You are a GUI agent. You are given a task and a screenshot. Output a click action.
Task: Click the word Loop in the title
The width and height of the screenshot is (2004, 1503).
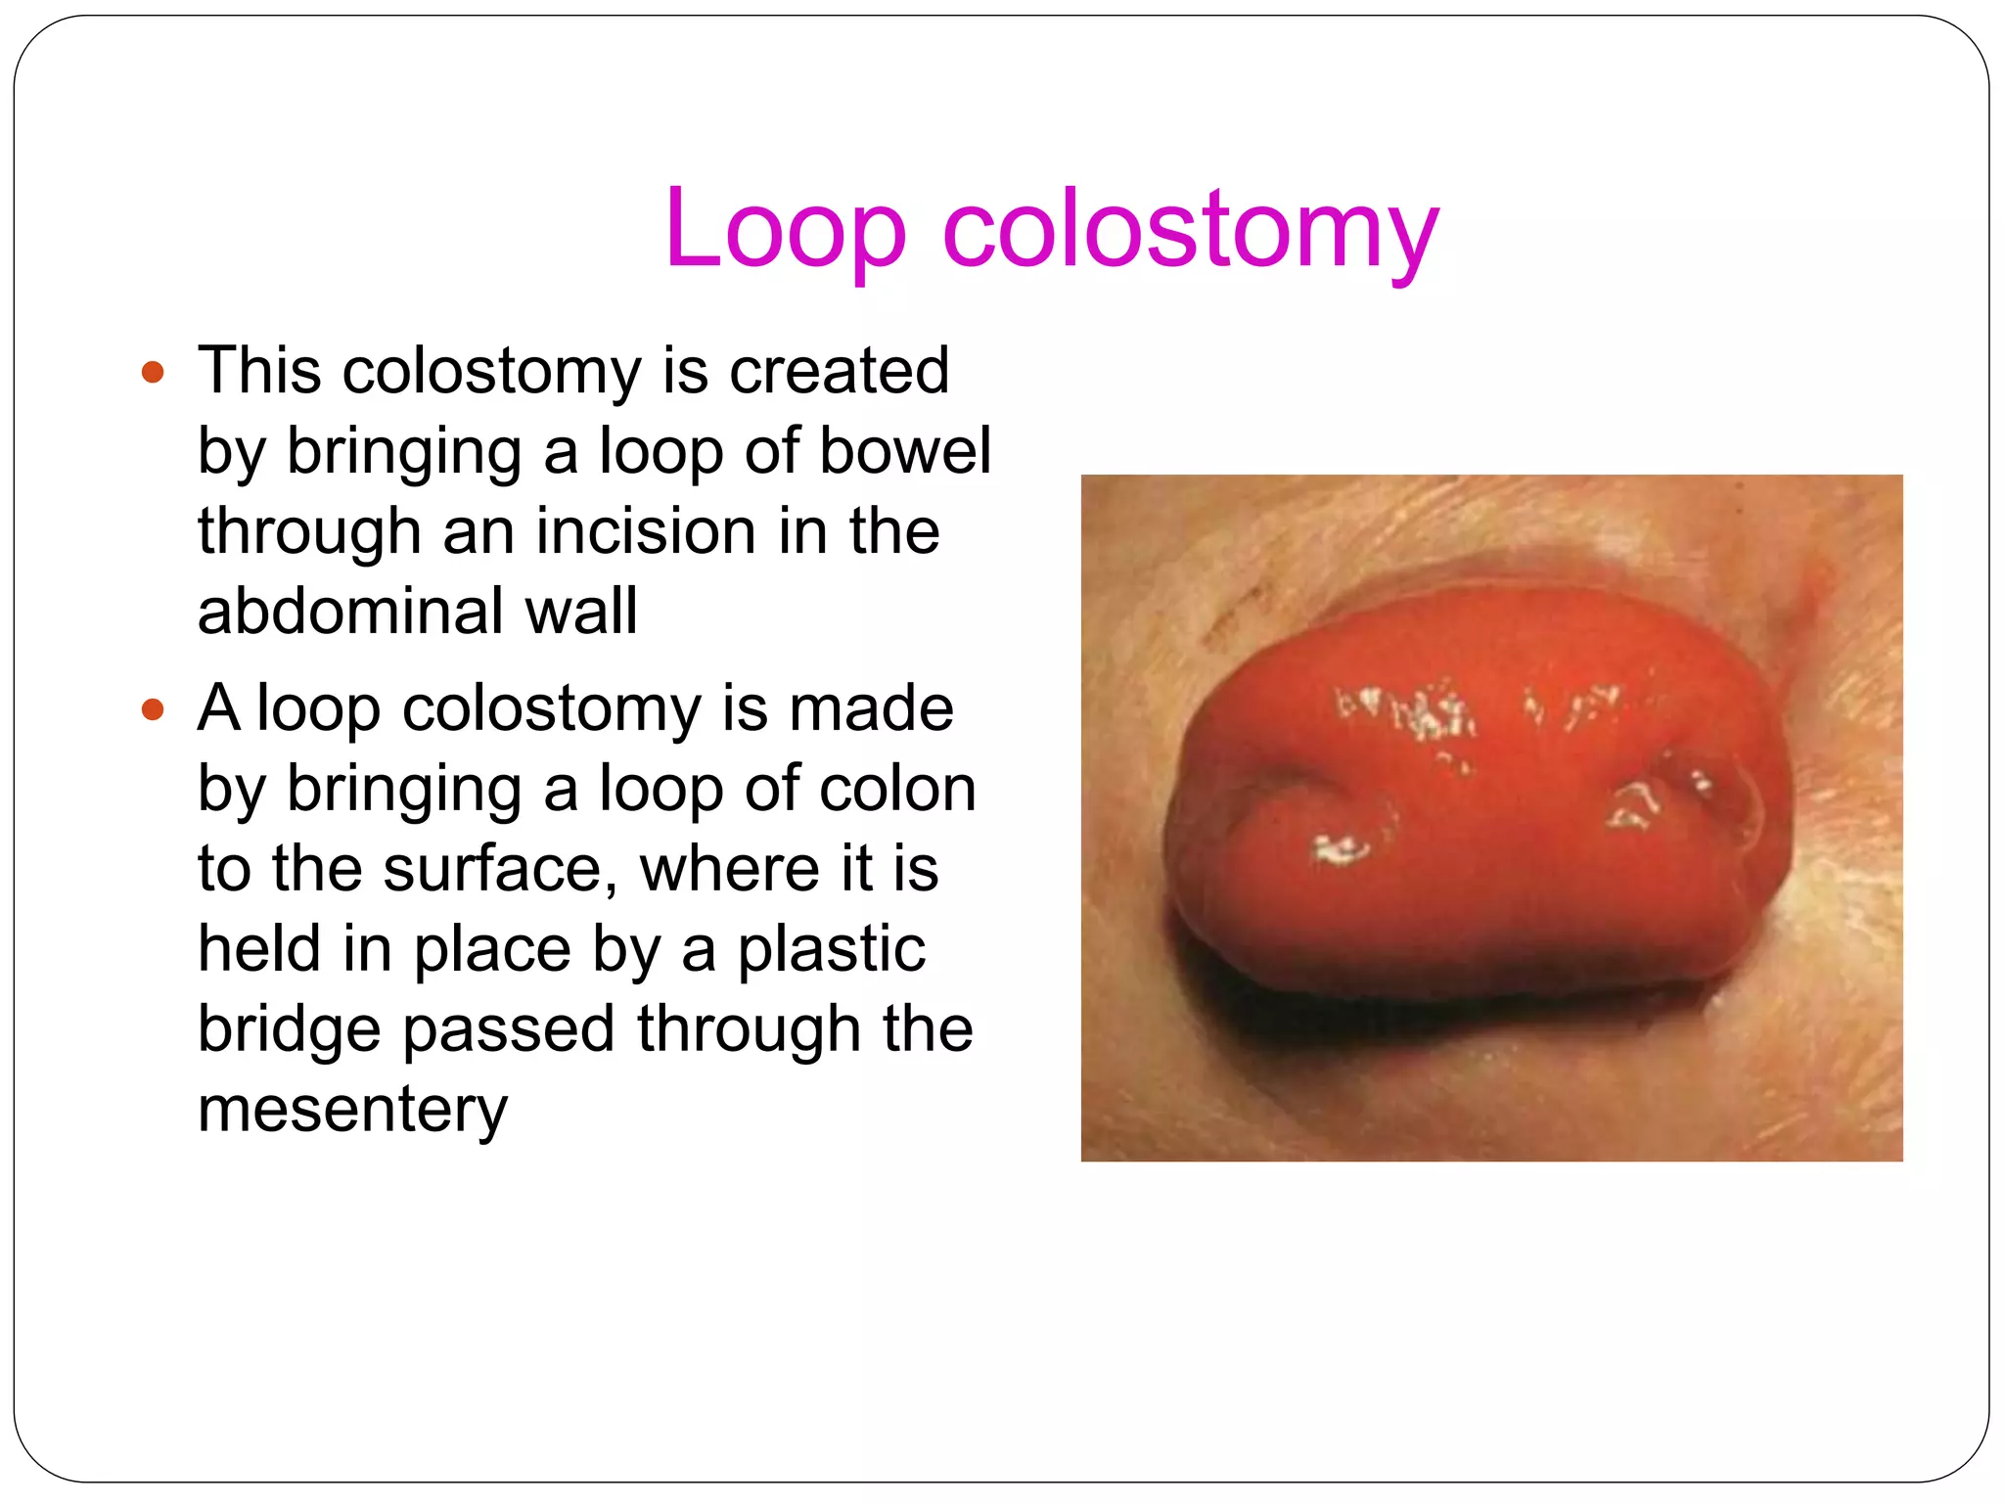click(x=786, y=229)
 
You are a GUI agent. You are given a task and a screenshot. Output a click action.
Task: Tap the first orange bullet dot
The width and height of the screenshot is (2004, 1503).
click(x=153, y=372)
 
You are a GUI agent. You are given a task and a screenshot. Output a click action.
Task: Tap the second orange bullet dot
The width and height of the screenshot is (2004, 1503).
click(x=153, y=708)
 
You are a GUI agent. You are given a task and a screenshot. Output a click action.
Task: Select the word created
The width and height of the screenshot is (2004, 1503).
click(x=839, y=372)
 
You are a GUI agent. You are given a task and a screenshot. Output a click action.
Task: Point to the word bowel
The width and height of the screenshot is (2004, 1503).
click(x=904, y=452)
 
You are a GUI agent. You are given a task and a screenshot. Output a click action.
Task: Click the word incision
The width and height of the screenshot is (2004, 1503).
click(x=646, y=532)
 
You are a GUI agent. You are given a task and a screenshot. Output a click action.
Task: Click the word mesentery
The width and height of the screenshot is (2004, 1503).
click(x=352, y=1110)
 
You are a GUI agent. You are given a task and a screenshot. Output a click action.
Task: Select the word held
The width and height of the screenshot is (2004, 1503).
click(x=259, y=949)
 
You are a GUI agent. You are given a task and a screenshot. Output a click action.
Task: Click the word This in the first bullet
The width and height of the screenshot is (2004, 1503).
click(x=259, y=372)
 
